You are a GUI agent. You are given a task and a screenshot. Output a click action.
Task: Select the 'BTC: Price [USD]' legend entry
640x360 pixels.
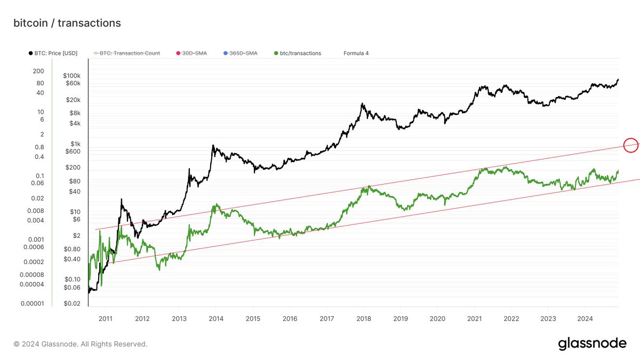pyautogui.click(x=52, y=53)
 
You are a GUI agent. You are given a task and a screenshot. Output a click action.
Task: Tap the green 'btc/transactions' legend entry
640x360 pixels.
pyautogui.click(x=298, y=53)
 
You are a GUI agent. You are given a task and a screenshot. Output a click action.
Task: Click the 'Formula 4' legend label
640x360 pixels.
pyautogui.click(x=356, y=53)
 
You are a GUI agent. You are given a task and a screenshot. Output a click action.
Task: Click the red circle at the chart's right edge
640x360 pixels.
pyautogui.click(x=630, y=145)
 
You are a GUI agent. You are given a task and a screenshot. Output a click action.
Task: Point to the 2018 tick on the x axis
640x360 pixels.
pyautogui.click(x=363, y=318)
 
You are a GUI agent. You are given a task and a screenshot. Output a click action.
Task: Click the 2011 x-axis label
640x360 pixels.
pyautogui.click(x=105, y=318)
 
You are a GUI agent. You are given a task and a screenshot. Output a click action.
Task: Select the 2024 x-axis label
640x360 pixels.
pyautogui.click(x=585, y=318)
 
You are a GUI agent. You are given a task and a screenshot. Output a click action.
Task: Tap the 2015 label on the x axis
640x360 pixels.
pyautogui.click(x=253, y=318)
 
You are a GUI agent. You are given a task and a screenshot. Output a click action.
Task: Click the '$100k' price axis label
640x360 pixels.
pyautogui.click(x=71, y=76)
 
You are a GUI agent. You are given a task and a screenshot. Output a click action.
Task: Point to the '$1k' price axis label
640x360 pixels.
pyautogui.click(x=74, y=144)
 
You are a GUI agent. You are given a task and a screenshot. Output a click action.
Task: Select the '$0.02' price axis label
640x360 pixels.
pyautogui.click(x=72, y=303)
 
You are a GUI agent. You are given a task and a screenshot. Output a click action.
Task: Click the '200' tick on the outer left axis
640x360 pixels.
pyautogui.click(x=38, y=71)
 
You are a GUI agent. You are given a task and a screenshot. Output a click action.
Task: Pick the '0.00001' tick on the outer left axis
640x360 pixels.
pyautogui.click(x=32, y=303)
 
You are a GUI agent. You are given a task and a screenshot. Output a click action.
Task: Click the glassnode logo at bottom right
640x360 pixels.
pyautogui.click(x=592, y=344)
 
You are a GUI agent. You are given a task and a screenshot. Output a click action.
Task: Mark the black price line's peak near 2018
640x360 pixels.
pyautogui.click(x=362, y=104)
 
